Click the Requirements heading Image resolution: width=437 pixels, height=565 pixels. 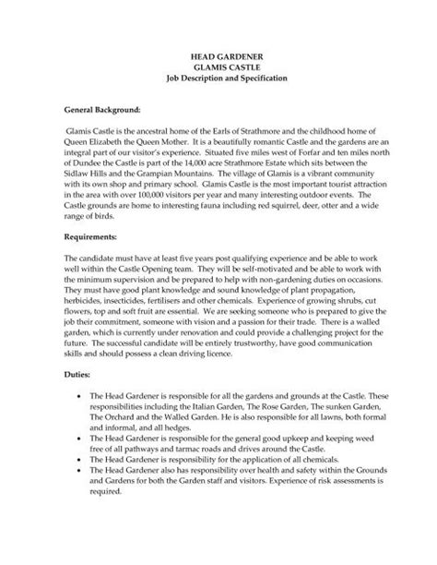tap(90, 236)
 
